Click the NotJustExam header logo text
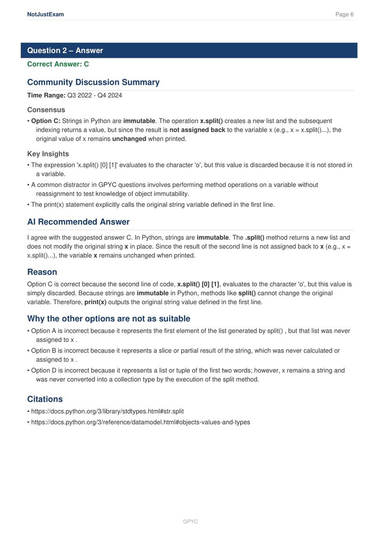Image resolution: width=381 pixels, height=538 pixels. (46, 14)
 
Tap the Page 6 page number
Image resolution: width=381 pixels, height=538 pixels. (344, 14)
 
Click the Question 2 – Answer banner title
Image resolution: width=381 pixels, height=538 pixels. (65, 51)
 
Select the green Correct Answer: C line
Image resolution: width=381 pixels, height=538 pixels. (58, 64)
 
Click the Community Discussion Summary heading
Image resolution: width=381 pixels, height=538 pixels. (94, 82)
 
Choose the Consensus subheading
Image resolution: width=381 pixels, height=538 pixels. (46, 110)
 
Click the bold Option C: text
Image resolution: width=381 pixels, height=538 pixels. (46, 121)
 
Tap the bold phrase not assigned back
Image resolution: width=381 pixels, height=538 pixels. (197, 130)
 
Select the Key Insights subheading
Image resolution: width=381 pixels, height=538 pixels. (48, 154)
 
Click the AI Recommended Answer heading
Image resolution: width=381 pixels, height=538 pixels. (78, 222)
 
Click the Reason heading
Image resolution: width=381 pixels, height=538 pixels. (42, 272)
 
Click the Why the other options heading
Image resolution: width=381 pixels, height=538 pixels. (109, 319)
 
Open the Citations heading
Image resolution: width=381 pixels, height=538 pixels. (45, 399)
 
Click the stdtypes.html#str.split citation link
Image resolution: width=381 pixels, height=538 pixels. (107, 411)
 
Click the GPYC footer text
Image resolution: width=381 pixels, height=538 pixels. (190, 522)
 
